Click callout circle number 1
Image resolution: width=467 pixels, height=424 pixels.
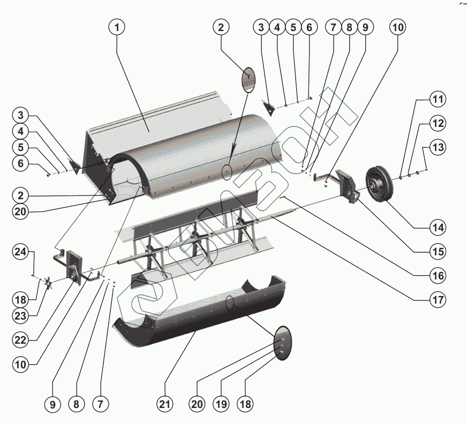117,27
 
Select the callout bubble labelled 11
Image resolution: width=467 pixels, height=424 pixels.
439,100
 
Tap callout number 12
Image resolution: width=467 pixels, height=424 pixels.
439,123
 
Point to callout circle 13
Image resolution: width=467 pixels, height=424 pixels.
439,147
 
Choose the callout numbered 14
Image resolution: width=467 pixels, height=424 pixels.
438,227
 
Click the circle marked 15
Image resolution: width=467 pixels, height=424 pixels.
438,251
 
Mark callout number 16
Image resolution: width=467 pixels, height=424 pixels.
438,276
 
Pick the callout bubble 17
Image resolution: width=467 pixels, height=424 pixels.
438,300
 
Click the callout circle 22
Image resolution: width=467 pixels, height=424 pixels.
21,340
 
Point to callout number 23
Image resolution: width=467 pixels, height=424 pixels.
21,316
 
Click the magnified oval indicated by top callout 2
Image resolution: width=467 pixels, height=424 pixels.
250,78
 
